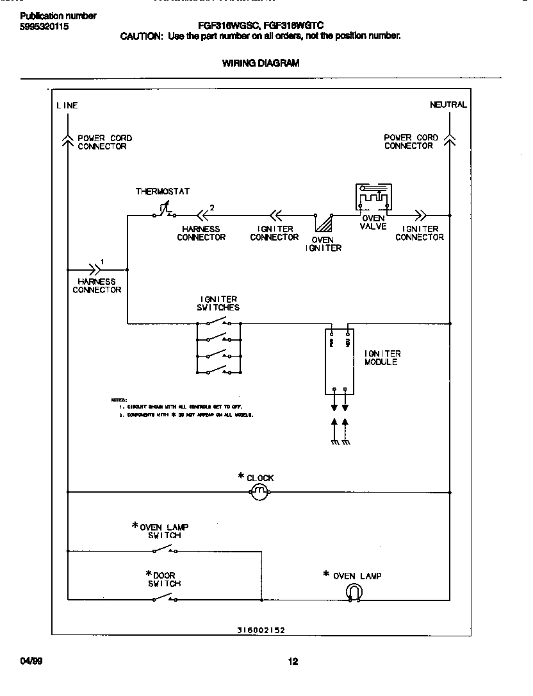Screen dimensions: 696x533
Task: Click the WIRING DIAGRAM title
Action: coord(260,63)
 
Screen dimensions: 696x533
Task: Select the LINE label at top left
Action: coord(67,105)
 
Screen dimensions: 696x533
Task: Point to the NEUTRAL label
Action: coord(448,105)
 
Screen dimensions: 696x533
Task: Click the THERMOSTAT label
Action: coord(162,191)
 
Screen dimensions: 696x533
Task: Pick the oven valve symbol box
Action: coord(373,198)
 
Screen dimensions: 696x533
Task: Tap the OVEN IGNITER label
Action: coord(323,244)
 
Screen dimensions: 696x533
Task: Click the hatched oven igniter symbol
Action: coord(324,223)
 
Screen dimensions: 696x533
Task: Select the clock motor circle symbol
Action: coord(258,493)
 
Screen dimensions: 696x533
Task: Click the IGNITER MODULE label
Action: coord(382,358)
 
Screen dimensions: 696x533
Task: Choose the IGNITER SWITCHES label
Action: coord(218,303)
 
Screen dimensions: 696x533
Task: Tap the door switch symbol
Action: coord(165,599)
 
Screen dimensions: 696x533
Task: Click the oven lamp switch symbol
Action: coord(165,550)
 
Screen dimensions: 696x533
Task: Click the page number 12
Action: coord(293,662)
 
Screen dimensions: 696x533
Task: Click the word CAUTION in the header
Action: coord(142,37)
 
